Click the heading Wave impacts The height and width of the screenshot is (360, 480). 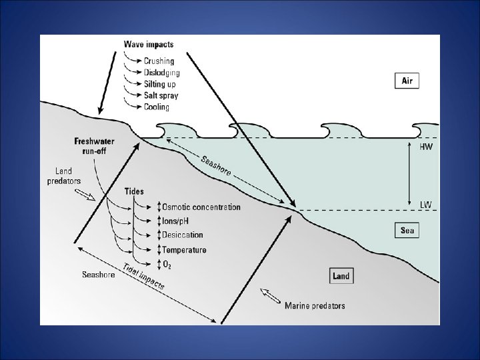pos(149,45)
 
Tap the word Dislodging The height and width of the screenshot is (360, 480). pos(161,72)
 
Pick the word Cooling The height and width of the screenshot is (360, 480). pos(157,107)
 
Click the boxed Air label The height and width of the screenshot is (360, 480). pos(407,81)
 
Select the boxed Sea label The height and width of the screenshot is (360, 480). pos(407,231)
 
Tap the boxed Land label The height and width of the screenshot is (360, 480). pos(341,276)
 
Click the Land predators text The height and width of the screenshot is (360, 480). pos(65,175)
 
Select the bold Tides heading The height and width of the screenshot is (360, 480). pos(134,192)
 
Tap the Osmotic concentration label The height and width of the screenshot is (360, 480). pos(201,207)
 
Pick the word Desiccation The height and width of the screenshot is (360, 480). pos(183,235)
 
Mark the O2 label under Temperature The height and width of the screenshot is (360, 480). pos(168,264)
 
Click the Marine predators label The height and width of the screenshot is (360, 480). pos(315,306)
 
